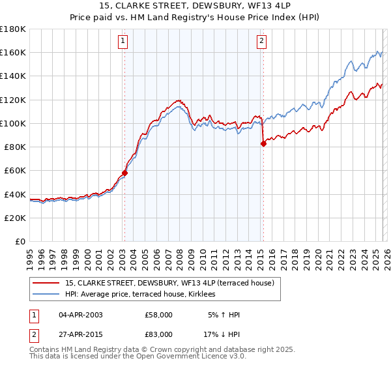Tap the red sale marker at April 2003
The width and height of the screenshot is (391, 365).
click(x=124, y=173)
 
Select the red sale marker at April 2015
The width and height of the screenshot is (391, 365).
click(x=263, y=143)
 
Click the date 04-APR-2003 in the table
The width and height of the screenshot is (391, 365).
click(x=80, y=315)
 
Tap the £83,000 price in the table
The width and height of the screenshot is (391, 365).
click(x=158, y=334)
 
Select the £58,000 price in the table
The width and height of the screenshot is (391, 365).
click(x=158, y=315)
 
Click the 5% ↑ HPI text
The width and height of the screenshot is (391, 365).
click(x=224, y=315)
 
